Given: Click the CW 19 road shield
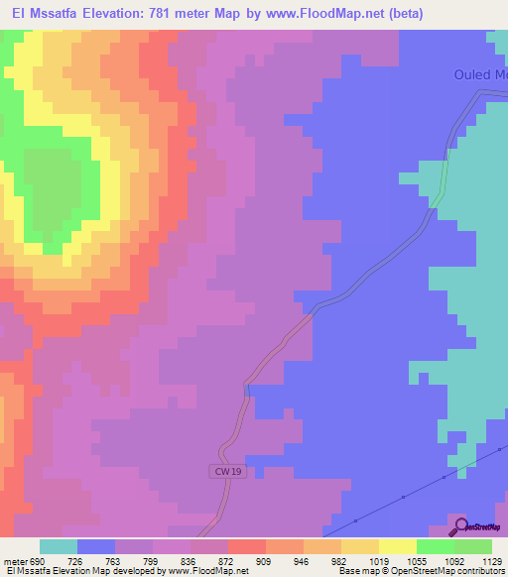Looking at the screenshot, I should point(227,471).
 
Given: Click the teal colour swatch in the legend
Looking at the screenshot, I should point(59,546).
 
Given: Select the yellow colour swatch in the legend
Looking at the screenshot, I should point(398,546).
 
